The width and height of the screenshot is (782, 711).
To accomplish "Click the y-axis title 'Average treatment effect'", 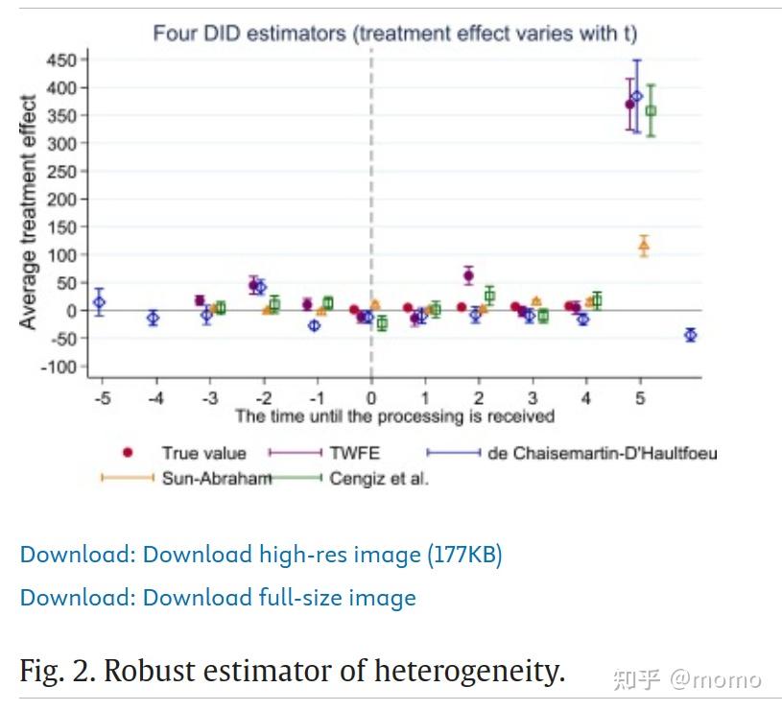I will click(29, 212).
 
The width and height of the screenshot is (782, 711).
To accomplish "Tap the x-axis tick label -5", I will click(100, 398).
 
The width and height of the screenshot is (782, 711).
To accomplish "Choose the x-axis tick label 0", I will click(371, 398).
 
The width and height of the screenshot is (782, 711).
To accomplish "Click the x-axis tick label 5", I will click(640, 398).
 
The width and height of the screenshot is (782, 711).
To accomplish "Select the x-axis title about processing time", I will click(394, 416).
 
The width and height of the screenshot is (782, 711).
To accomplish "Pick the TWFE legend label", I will click(350, 454).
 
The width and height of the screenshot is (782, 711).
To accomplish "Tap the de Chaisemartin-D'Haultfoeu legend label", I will click(602, 454).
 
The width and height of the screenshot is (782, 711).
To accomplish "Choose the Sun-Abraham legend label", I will click(217, 479).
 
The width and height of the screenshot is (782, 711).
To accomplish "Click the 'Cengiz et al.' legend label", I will click(379, 479).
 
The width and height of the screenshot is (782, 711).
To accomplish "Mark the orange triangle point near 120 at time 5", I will click(644, 247).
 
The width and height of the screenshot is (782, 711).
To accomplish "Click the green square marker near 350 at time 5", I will click(651, 111).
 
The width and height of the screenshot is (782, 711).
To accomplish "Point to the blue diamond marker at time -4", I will click(154, 318).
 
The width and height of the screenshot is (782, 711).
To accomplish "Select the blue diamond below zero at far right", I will click(690, 335).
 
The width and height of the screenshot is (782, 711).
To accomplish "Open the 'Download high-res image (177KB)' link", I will click(261, 555).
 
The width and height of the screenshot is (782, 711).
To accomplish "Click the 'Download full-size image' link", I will click(218, 598).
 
